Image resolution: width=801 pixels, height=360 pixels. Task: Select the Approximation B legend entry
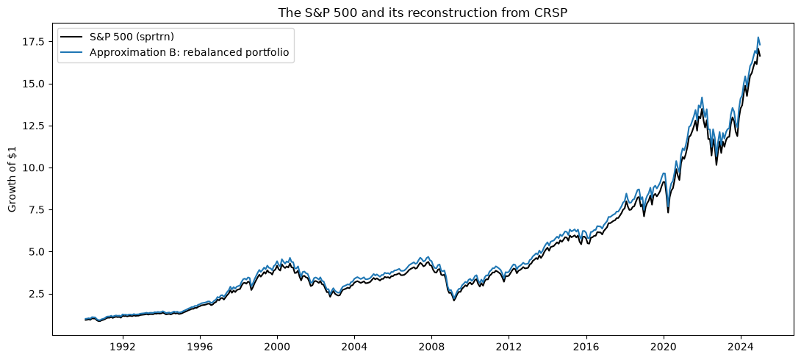point(177,53)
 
